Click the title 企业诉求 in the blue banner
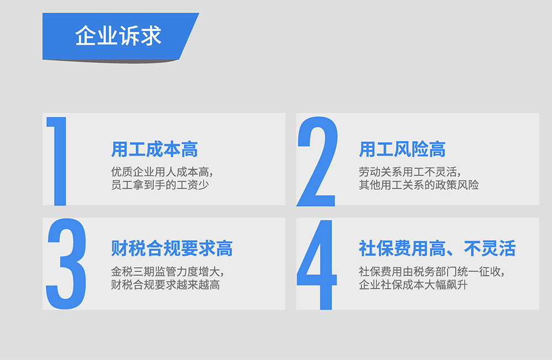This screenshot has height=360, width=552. [118, 35]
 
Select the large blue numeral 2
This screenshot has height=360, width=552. [317, 161]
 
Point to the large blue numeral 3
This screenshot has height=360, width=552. [66, 263]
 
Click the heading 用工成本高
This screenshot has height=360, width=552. [155, 149]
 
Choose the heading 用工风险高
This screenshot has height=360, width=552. [402, 149]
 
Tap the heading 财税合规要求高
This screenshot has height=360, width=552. [172, 248]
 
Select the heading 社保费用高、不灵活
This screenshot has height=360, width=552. [437, 248]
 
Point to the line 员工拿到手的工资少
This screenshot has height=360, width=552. [160, 184]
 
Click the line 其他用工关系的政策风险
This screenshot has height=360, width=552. [419, 184]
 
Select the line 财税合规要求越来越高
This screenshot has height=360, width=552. [166, 284]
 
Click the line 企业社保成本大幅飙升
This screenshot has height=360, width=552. [413, 284]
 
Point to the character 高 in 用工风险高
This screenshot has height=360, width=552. [437, 149]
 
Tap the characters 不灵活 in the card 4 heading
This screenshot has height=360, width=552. [490, 248]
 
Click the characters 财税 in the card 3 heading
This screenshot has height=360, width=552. [129, 248]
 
